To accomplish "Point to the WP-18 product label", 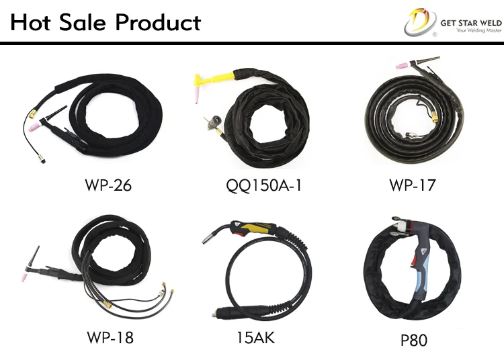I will pyautogui.click(x=110, y=336).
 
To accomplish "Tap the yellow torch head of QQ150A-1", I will pyautogui.click(x=202, y=82).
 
